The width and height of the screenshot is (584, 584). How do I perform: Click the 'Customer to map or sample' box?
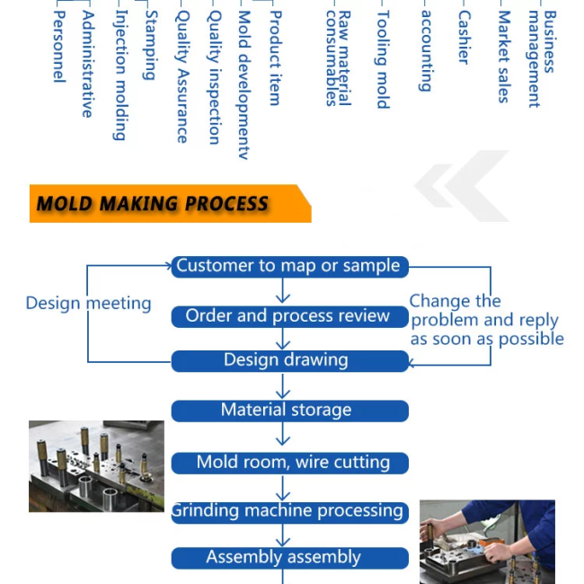click(289, 266)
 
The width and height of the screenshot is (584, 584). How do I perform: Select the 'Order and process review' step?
click(289, 316)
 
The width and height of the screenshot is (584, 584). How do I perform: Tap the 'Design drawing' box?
click(289, 360)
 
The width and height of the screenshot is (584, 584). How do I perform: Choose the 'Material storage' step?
click(289, 411)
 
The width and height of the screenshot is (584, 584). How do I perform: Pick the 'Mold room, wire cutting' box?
click(289, 463)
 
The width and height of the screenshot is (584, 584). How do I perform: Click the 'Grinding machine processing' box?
click(289, 511)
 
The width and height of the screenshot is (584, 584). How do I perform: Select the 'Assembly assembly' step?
click(289, 557)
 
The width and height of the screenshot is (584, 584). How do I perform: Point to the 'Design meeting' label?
click(88, 304)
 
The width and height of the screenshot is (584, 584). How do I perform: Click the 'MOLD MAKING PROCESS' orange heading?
click(153, 204)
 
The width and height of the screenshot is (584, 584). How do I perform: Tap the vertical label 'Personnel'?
click(58, 47)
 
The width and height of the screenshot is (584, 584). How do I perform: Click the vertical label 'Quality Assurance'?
click(181, 77)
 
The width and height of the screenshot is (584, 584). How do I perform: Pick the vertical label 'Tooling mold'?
click(383, 59)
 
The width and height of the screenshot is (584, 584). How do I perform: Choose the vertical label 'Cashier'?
click(464, 38)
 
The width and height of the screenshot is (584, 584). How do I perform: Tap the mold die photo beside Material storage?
click(96, 466)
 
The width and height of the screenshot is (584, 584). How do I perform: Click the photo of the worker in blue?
click(487, 542)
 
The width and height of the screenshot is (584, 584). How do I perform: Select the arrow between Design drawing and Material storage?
click(284, 385)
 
